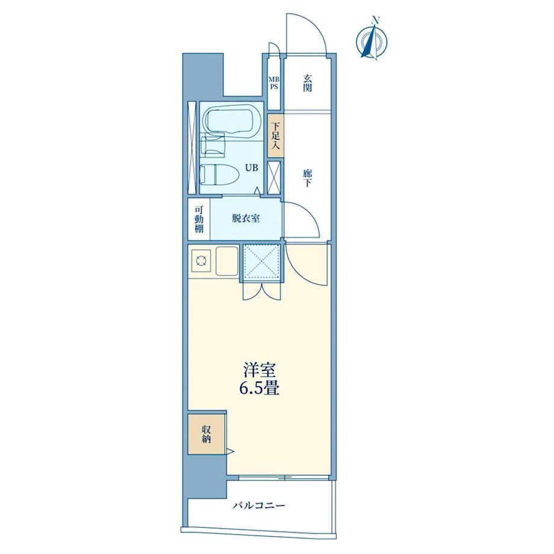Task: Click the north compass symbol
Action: pyautogui.click(x=372, y=39)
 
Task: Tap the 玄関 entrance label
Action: pyautogui.click(x=307, y=82)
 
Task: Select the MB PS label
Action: pyautogui.click(x=274, y=83)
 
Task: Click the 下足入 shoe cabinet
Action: pyautogui.click(x=276, y=135)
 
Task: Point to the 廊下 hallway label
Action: pyautogui.click(x=307, y=178)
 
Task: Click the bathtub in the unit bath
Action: pyautogui.click(x=232, y=120)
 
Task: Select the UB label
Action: pyautogui.click(x=252, y=168)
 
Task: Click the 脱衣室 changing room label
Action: pyautogui.click(x=246, y=219)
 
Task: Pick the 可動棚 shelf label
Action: pyautogui.click(x=199, y=219)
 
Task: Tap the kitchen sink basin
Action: pyautogui.click(x=227, y=261)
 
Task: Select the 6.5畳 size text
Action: pyautogui.click(x=260, y=388)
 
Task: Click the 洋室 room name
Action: pyautogui.click(x=260, y=370)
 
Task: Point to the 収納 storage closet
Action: pyautogui.click(x=207, y=434)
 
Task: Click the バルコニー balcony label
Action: pyautogui.click(x=258, y=506)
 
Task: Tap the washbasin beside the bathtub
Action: pyautogui.click(x=213, y=145)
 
